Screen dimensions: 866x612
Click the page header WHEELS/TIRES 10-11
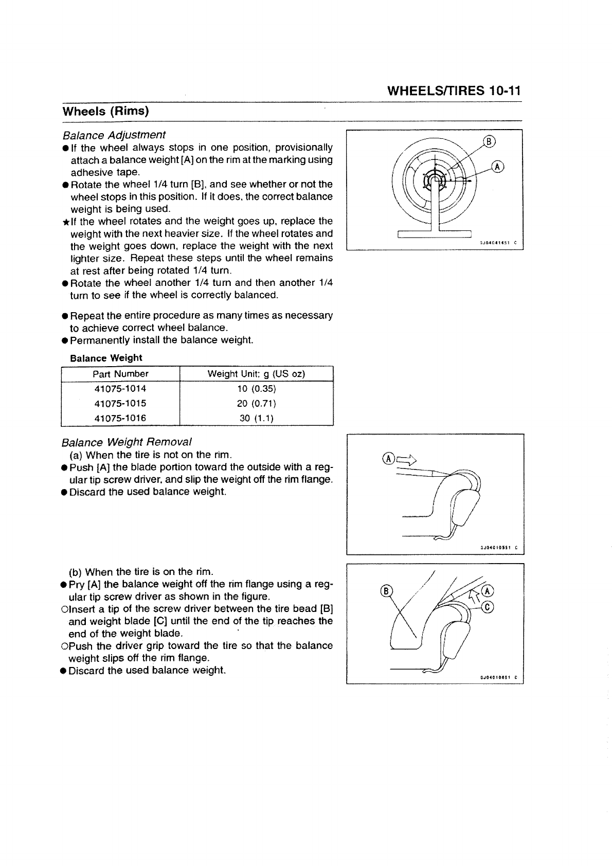pos(454,92)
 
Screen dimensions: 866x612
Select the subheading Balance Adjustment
pos(114,135)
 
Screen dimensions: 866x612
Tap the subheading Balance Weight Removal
pos(126,442)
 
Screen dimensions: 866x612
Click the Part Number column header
pos(120,374)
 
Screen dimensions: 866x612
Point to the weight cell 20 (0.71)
pos(256,404)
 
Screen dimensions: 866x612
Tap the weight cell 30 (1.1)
pos(256,418)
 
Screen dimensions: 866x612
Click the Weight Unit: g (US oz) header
pos(256,374)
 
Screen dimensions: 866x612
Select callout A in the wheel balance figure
pos(497,166)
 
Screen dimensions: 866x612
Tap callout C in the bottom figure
pos(489,607)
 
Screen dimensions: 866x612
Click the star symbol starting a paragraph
pos(65,222)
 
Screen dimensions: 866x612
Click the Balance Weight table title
pos(105,358)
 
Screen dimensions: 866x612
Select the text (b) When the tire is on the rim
pos(141,572)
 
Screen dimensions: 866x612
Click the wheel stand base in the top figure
pos(435,234)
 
